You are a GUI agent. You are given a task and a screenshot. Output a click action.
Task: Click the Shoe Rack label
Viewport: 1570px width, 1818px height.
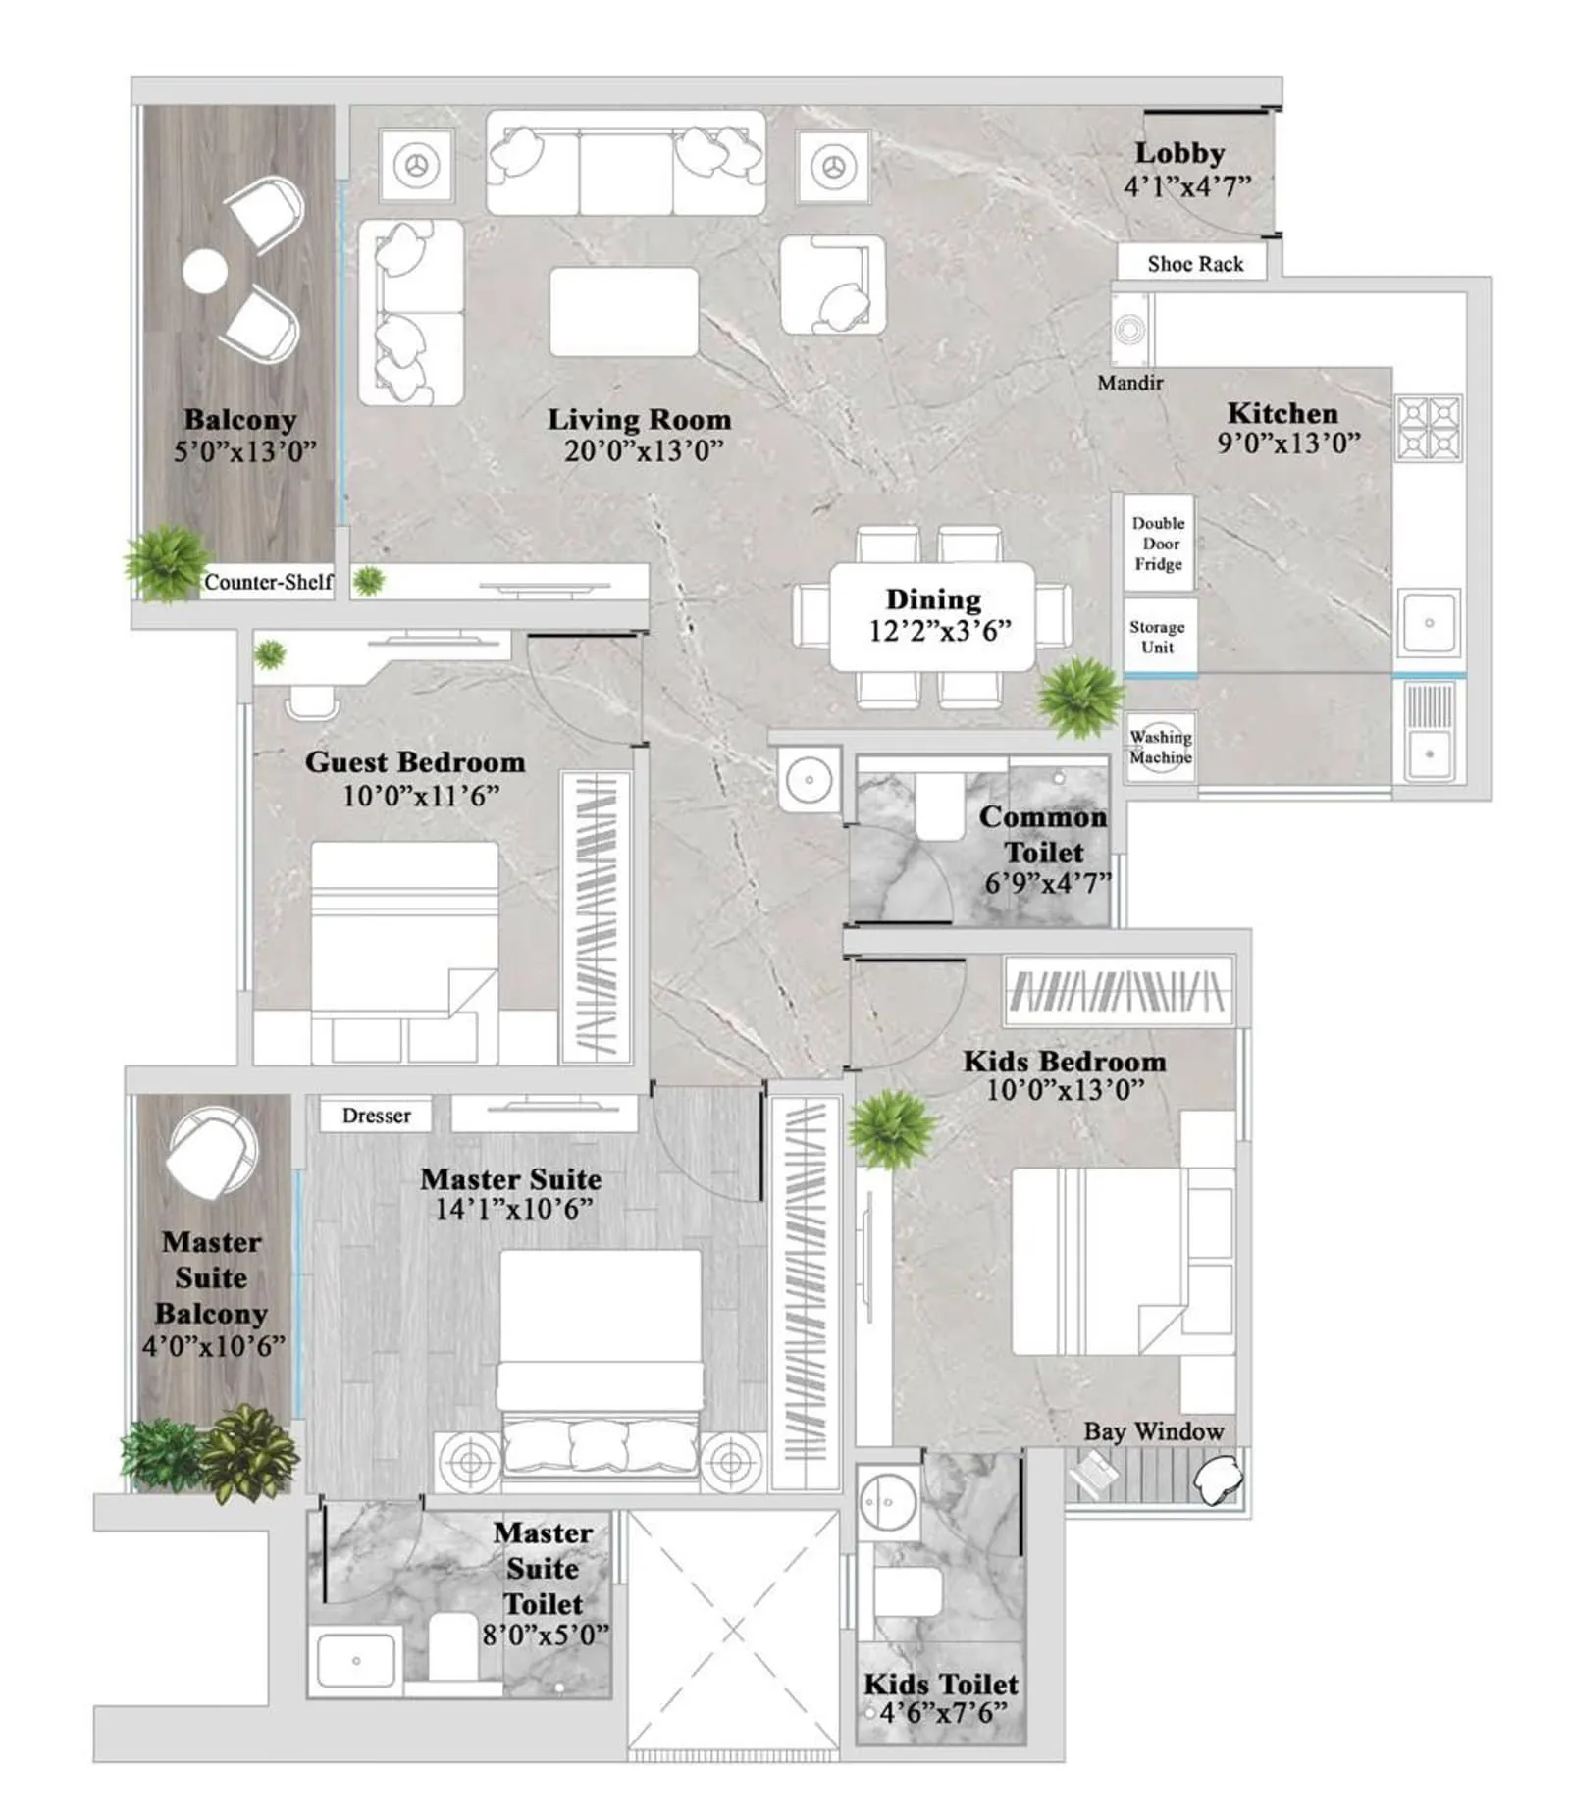(x=1194, y=264)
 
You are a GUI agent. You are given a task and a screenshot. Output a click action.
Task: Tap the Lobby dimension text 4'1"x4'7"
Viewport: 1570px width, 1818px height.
(x=1186, y=186)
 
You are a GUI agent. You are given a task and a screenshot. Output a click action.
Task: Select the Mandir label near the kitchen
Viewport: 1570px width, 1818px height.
(x=1129, y=383)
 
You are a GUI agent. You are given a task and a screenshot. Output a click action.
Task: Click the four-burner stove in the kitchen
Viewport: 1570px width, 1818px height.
(x=1429, y=428)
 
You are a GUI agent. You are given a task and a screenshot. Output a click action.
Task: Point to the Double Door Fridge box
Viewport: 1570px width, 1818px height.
(x=1158, y=544)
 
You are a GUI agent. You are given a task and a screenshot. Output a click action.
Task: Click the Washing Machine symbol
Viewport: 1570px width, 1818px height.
(x=1160, y=747)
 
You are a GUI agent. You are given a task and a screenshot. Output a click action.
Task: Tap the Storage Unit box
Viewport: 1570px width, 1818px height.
(x=1158, y=637)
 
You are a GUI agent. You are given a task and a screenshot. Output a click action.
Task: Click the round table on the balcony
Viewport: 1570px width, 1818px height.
(x=205, y=272)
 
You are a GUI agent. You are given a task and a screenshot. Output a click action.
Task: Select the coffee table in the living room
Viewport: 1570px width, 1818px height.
(x=623, y=311)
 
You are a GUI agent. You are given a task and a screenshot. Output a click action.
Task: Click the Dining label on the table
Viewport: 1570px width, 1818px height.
(x=932, y=599)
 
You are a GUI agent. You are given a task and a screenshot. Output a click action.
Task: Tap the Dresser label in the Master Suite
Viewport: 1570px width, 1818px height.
(x=376, y=1116)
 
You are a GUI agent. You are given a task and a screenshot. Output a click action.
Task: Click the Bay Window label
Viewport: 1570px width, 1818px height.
(x=1153, y=1431)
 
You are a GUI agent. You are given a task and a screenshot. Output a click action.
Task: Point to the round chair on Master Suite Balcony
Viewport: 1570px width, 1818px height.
(x=212, y=1152)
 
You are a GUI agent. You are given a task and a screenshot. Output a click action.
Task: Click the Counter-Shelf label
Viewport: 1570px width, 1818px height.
(x=268, y=582)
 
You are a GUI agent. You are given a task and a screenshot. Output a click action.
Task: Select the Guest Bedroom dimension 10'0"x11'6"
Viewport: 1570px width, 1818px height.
(x=420, y=795)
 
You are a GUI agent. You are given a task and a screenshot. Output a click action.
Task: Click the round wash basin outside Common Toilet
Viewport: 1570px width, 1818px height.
(x=809, y=780)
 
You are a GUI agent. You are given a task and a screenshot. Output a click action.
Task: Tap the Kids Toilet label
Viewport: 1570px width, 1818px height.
(x=940, y=1685)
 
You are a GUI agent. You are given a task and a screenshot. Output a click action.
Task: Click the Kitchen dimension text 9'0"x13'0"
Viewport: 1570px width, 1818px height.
(x=1288, y=443)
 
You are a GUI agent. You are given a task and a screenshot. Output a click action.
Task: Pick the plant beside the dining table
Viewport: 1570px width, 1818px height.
(x=1078, y=696)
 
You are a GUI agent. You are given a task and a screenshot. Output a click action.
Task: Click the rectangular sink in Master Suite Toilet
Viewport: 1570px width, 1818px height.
(x=355, y=1661)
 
